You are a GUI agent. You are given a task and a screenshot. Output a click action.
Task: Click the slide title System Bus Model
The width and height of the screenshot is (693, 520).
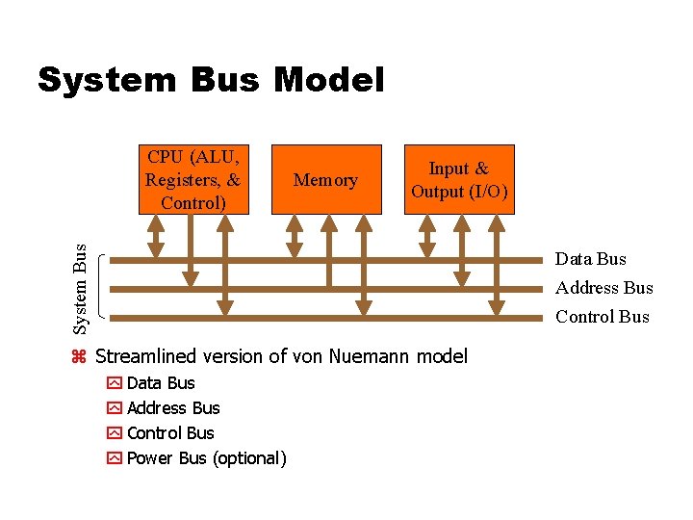coord(211,80)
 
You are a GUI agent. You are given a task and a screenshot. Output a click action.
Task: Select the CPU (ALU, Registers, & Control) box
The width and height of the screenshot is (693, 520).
coord(192,178)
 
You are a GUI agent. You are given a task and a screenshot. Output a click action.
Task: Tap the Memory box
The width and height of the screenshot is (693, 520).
coord(325,180)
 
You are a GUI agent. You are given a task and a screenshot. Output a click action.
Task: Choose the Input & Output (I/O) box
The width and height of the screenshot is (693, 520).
coord(459,179)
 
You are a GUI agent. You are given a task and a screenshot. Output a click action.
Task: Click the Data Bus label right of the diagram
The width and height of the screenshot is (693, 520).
coord(590,259)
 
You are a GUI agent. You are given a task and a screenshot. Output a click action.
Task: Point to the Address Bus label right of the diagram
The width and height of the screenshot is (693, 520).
coord(603,288)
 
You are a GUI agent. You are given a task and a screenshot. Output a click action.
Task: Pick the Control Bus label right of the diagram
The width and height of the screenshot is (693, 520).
coord(602,317)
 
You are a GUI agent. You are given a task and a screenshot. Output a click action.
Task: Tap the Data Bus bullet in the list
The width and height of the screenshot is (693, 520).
coord(161,383)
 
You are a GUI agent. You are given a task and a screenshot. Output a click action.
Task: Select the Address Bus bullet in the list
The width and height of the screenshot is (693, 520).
coord(173,408)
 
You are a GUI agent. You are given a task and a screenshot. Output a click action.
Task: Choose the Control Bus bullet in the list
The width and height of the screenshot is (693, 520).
coord(170,433)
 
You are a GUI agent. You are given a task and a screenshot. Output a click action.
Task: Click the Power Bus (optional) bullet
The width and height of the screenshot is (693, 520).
coord(206,458)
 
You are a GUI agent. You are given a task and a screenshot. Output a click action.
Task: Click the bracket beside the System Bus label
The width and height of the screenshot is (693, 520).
coord(103,287)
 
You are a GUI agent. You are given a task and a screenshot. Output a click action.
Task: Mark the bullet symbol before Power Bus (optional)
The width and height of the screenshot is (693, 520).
coord(115,458)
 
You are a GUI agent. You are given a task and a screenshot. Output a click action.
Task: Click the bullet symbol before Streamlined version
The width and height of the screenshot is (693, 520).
coord(80,357)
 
